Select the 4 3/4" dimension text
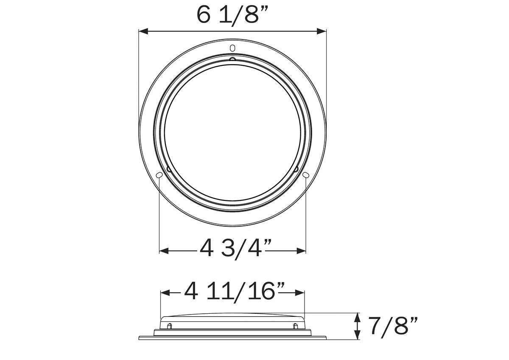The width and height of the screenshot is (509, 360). tap(236, 248)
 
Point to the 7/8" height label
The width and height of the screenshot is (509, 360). tap(392, 326)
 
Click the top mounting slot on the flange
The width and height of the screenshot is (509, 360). tap(232, 47)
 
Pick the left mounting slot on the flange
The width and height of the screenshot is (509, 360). tap(159, 175)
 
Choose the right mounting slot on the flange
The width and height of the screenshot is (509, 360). tap(306, 175)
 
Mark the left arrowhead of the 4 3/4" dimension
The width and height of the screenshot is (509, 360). tap(163, 251)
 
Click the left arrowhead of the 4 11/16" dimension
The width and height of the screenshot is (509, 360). tap(165, 293)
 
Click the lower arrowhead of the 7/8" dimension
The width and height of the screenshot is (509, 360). tap(358, 336)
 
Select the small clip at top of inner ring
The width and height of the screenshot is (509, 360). tap(232, 59)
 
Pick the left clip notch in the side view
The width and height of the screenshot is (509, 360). tap(170, 326)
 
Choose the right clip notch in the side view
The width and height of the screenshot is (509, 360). tap(295, 326)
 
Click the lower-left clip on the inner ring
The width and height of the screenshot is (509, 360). tap(169, 169)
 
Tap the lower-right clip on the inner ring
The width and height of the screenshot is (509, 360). tap(296, 169)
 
